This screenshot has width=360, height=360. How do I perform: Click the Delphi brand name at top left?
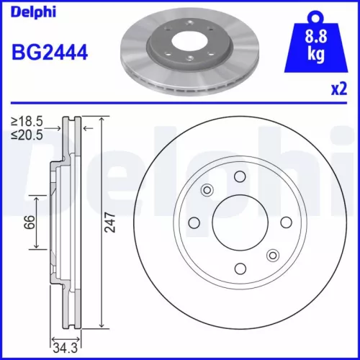pyautogui.click(x=27, y=9)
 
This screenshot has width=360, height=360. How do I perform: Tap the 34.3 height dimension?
pyautogui.click(x=66, y=348)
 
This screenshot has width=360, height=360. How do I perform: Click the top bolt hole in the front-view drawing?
pyautogui.click(x=240, y=177)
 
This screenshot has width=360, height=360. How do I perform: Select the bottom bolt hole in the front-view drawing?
pyautogui.click(x=240, y=269)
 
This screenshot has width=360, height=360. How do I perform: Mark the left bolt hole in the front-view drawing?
pyautogui.click(x=194, y=222)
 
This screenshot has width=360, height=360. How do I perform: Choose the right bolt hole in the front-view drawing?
pyautogui.click(x=285, y=222)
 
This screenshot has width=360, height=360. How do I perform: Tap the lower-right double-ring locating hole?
pyautogui.click(x=272, y=255)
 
